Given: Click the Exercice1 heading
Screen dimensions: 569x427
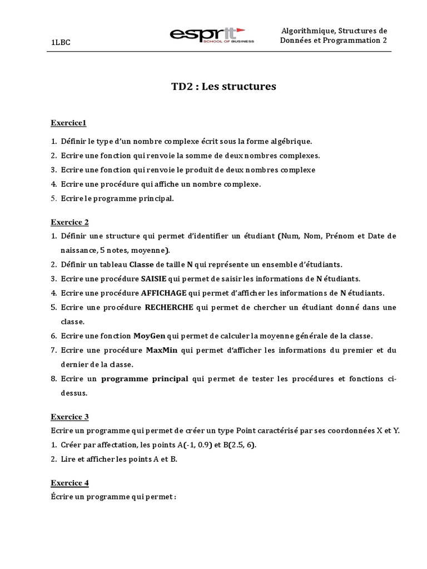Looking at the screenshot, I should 68,122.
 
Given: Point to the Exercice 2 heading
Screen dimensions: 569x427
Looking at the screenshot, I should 69,222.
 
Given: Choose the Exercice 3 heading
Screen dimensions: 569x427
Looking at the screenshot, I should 69,416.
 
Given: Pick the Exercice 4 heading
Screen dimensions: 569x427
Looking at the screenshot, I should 69,482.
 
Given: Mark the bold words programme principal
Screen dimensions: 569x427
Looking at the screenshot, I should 145,379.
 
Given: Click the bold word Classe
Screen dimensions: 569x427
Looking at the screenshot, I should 141,264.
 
